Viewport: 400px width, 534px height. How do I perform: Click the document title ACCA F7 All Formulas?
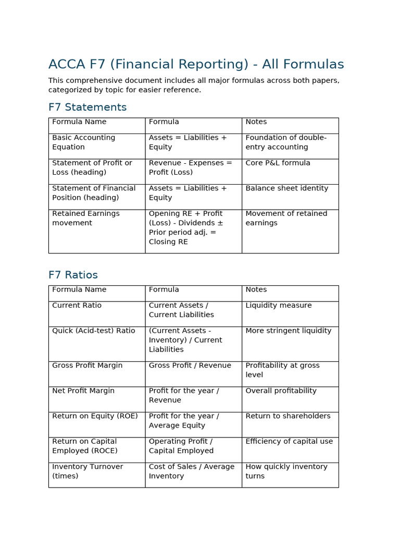coord(196,64)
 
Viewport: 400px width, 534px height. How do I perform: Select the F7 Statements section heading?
coord(87,107)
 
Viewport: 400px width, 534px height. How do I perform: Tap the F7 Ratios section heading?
coord(73,275)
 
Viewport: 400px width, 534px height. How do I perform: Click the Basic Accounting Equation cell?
coord(83,142)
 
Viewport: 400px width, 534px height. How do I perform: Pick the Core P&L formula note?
coord(278,163)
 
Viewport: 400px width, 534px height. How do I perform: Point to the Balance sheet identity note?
coord(286,188)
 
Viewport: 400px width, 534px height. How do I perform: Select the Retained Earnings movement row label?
coord(85,218)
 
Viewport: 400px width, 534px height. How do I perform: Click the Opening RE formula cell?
coord(186,227)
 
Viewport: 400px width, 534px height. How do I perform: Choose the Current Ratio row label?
coord(77,305)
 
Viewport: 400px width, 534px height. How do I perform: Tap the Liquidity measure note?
coord(278,305)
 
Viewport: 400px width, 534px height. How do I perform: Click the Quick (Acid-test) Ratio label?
coord(93,331)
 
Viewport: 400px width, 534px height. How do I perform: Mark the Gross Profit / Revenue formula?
coord(190,366)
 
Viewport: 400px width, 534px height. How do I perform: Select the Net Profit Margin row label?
coord(83,391)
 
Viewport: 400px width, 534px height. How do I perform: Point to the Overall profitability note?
coord(281,391)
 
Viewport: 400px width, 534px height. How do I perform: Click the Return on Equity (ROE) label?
coord(95,416)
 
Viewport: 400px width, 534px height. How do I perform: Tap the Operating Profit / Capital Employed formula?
coord(181,446)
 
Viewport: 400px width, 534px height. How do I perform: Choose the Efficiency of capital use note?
coord(289,441)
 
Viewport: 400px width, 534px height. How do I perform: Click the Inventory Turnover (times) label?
coord(87,471)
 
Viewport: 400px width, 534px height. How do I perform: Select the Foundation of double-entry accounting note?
coord(286,142)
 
